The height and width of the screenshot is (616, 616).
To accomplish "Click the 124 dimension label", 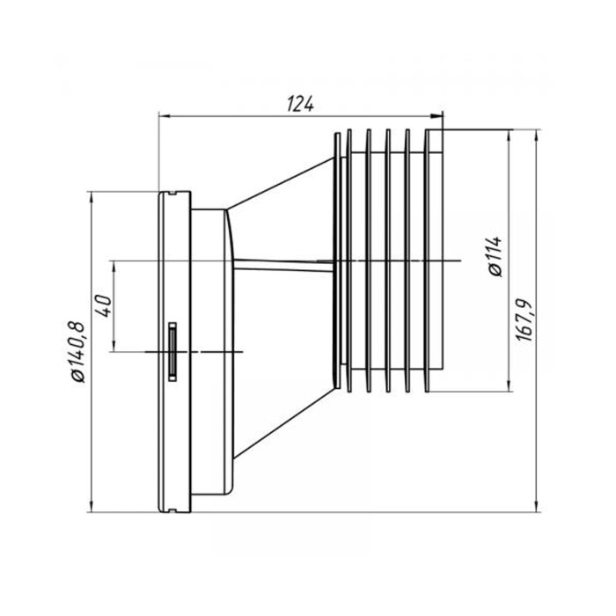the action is tap(301, 104).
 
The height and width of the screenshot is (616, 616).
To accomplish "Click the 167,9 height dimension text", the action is tap(524, 320).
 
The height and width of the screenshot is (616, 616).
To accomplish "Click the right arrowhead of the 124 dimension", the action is tap(436, 116).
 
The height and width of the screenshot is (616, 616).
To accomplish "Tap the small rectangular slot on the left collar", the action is tap(172, 351).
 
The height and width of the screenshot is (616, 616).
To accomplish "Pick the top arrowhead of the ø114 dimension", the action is tap(510, 136).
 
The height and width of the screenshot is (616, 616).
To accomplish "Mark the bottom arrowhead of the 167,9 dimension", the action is tap(537, 505).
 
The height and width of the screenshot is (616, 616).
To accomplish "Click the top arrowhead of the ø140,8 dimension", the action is tap(92, 198).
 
